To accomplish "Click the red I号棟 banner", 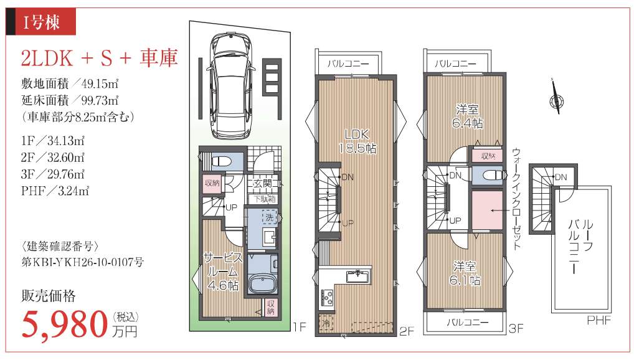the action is (41, 22).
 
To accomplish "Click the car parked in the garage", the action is (230, 86).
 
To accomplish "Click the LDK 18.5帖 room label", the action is (357, 141).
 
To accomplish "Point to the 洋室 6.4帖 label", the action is (468, 116).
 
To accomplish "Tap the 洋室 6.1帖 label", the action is (465, 273).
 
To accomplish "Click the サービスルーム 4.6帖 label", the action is (223, 271).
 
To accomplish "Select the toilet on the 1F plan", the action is (222, 161).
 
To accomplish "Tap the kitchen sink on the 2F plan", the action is (357, 277).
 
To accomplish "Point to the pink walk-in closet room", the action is (487, 211).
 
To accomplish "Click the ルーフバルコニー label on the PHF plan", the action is (580, 247).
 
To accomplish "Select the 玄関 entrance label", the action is (262, 183).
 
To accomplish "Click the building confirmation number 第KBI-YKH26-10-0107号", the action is (82, 262).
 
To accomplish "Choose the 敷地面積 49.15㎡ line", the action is (70, 83).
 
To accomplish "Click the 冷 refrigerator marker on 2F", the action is (326, 323).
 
